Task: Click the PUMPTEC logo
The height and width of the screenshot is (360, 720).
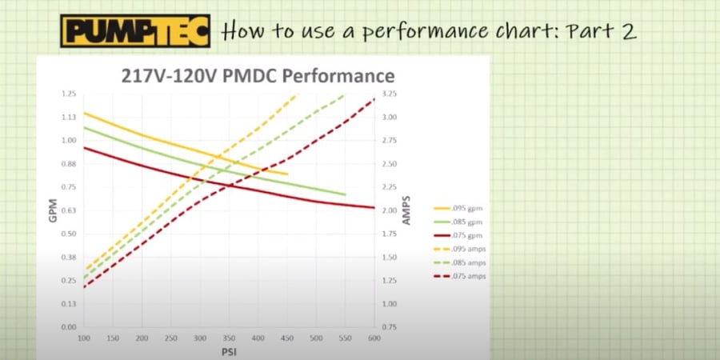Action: point(134,31)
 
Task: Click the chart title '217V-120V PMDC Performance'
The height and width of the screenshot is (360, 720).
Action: point(257,77)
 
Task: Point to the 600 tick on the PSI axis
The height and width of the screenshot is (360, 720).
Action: point(374,338)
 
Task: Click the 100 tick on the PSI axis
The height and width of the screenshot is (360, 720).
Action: point(84,338)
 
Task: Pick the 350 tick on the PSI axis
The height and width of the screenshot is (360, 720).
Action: point(229,338)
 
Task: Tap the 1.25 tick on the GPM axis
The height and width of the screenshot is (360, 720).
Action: point(68,94)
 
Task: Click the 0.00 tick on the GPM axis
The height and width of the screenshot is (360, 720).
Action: point(68,327)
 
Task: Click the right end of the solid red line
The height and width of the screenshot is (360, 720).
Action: point(374,208)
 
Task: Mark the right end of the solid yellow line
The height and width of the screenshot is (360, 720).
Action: point(286,174)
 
